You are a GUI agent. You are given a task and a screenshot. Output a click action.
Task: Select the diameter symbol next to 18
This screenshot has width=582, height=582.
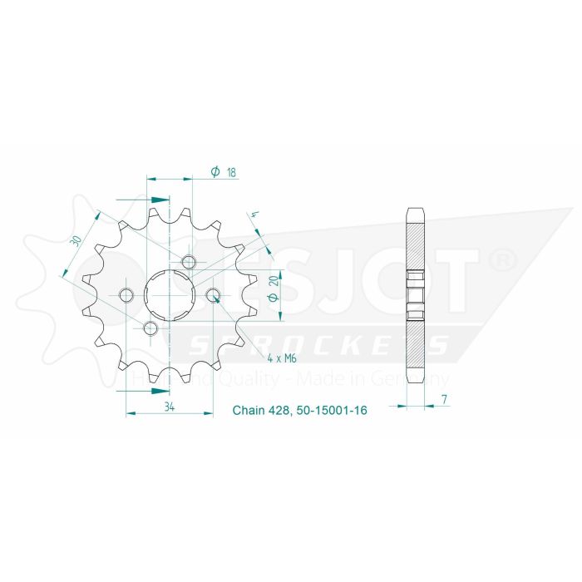[215, 171]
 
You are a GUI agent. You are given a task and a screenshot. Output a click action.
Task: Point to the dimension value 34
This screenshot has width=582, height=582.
[169, 407]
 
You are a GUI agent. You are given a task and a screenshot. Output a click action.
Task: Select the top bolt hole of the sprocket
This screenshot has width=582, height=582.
[190, 264]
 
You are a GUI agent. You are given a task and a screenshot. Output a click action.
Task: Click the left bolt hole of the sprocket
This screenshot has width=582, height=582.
[126, 294]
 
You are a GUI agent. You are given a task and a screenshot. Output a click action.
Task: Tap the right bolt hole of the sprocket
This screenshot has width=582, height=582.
[212, 295]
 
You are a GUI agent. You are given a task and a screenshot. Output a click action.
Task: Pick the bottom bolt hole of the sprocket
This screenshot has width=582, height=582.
[150, 329]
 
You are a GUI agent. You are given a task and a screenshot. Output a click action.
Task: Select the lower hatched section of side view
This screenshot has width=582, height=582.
[416, 345]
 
